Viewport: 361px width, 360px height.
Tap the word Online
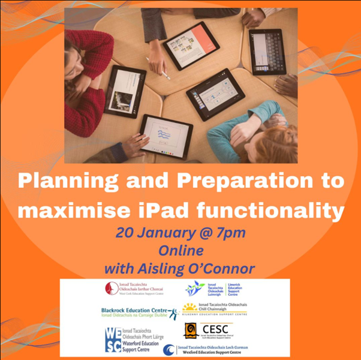tap(180, 250)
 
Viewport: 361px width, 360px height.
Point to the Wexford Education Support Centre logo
tap(170, 350)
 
